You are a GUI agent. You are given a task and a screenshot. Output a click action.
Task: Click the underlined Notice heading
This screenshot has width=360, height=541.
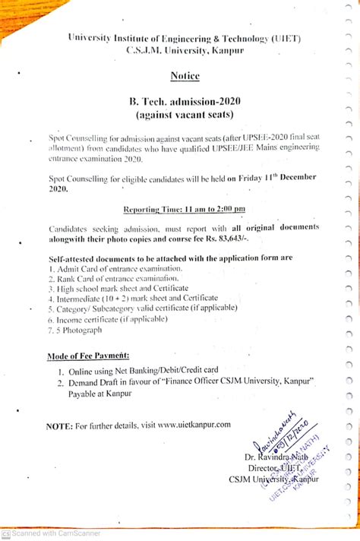(x=185, y=77)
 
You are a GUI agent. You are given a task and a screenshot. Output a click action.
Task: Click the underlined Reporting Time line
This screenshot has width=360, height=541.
(x=185, y=208)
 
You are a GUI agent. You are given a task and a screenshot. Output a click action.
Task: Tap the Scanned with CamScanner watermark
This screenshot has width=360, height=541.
(x=53, y=533)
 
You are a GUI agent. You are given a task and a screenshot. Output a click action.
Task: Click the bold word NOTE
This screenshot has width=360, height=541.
(x=59, y=426)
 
